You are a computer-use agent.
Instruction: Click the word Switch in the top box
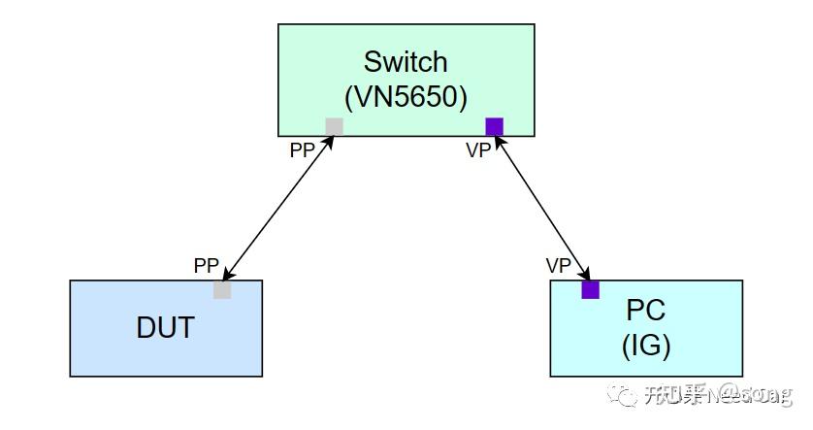[x=406, y=62]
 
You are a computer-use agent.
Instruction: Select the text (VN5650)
[x=406, y=97]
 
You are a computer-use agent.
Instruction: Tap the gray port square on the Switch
[x=334, y=126]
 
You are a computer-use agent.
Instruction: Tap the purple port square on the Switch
[x=495, y=126]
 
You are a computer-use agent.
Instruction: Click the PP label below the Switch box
[x=303, y=151]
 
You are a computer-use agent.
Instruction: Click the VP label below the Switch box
[x=478, y=151]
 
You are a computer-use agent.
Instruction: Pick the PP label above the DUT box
[x=207, y=265]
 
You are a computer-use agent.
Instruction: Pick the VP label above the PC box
[x=558, y=265]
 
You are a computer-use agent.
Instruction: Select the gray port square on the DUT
[x=222, y=289]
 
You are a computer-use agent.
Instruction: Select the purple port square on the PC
[x=590, y=289]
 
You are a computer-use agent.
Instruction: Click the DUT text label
[x=165, y=328]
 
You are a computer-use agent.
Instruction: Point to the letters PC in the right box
[x=645, y=311]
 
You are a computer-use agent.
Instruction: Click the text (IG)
[x=645, y=345]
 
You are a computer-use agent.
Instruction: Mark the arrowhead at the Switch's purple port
[x=499, y=141]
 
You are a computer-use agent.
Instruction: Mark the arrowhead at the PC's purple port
[x=585, y=274]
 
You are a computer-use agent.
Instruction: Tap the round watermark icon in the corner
[x=619, y=394]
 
